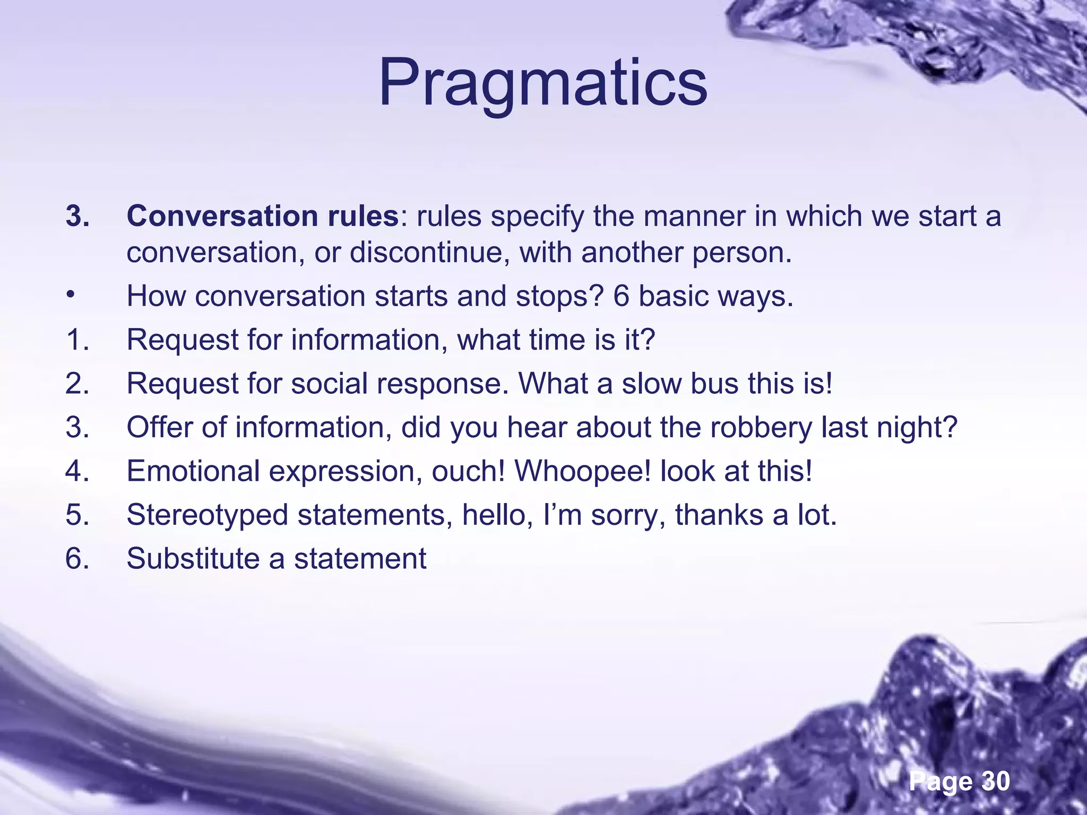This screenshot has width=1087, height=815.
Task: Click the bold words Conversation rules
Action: pos(262,216)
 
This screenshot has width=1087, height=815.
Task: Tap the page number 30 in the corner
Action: pos(996,781)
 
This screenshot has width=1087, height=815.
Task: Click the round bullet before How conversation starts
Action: pos(70,295)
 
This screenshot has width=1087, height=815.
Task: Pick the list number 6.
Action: pos(77,559)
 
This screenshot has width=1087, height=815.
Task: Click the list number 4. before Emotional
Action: pos(77,471)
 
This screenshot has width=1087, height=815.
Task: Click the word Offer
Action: pos(159,427)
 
